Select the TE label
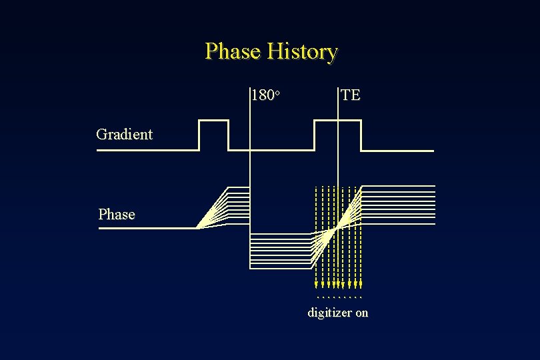[351, 95]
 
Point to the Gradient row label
[124, 134]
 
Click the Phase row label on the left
[116, 215]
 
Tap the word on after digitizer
[361, 313]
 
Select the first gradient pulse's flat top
[213, 121]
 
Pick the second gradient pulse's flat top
[337, 121]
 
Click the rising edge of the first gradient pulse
[199, 135]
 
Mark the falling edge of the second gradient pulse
[361, 135]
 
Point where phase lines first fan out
[198, 227]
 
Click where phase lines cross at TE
[338, 228]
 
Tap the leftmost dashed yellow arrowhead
[316, 284]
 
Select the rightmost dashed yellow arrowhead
[361, 284]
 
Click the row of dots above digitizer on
[339, 297]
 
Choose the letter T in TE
[346, 95]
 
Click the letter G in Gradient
[101, 134]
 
